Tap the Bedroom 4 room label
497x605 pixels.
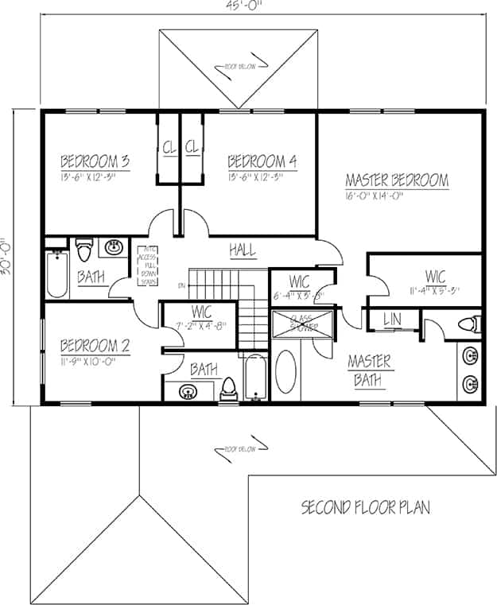pos(262,161)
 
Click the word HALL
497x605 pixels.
pos(243,250)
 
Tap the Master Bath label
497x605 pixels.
pos(370,371)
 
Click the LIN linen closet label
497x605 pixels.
pos(391,319)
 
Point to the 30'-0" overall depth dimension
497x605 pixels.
pos(6,256)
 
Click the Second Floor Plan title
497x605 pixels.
pos(365,507)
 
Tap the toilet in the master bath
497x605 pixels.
pos(471,324)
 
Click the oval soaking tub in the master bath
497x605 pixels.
pos(286,374)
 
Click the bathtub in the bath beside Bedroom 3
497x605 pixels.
pos(56,273)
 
